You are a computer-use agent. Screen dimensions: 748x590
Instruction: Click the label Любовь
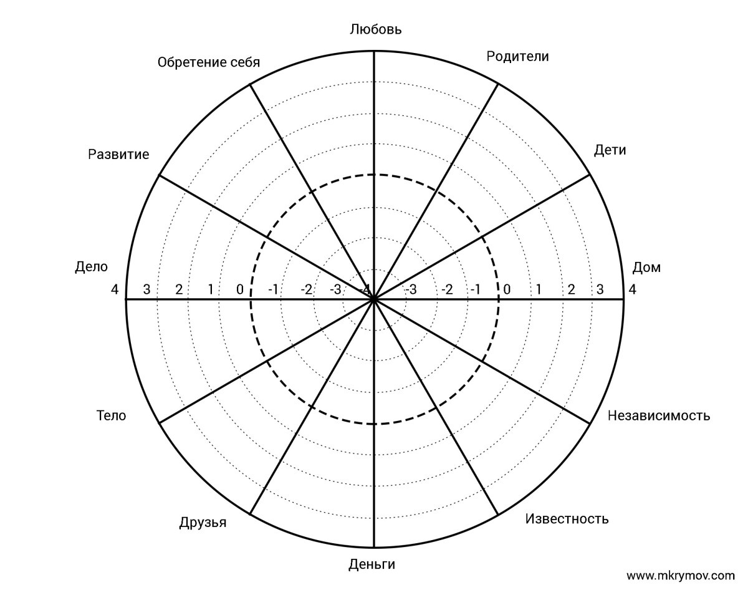click(x=376, y=29)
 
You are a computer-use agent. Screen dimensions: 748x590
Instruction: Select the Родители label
click(x=517, y=56)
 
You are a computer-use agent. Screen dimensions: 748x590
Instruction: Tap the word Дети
click(x=610, y=150)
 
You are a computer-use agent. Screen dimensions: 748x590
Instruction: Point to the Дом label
click(x=646, y=268)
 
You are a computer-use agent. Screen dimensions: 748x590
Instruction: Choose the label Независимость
click(x=658, y=415)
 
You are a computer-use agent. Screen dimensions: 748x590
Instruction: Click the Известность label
click(x=567, y=519)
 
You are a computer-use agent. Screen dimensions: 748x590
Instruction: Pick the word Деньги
click(x=372, y=564)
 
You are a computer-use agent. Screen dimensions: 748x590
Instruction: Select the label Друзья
click(x=203, y=522)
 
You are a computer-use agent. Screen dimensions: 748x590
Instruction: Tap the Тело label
click(x=111, y=415)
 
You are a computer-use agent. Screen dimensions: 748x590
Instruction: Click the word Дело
click(x=91, y=267)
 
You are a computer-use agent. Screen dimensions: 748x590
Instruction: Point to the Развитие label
click(x=118, y=154)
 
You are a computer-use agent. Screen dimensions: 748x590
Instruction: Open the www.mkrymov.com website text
click(x=680, y=575)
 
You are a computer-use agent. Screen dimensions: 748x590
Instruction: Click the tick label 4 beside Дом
click(x=632, y=289)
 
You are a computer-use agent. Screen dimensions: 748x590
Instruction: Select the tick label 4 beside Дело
click(x=115, y=289)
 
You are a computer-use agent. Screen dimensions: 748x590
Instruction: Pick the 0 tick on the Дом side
click(x=507, y=289)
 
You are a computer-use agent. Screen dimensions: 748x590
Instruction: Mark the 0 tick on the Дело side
click(x=240, y=289)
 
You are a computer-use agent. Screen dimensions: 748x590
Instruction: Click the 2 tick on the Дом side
click(x=570, y=289)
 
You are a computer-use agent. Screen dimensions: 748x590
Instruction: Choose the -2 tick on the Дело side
click(x=306, y=289)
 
